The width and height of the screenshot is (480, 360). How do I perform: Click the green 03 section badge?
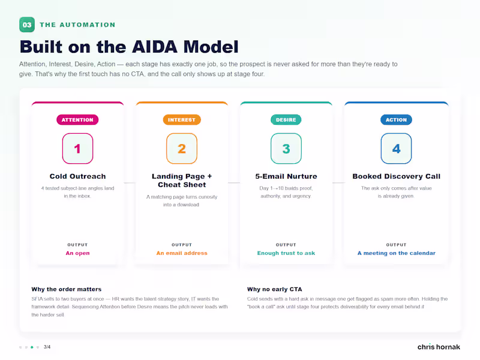[x=27, y=25]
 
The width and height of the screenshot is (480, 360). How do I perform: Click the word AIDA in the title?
[x=155, y=47]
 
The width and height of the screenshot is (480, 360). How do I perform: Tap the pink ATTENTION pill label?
[x=77, y=119]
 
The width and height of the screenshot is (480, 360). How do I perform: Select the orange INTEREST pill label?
[x=182, y=119]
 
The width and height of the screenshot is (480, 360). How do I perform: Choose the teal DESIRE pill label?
[x=286, y=119]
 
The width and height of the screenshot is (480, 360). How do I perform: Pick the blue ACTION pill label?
[x=396, y=119]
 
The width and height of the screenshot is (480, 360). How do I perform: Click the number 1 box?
[x=77, y=148]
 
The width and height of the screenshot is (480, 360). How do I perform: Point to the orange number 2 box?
[x=182, y=148]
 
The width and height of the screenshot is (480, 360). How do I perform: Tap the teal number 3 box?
[x=286, y=148]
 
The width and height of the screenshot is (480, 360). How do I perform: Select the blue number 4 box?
[x=396, y=148]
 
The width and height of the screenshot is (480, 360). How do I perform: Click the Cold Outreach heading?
[x=78, y=176]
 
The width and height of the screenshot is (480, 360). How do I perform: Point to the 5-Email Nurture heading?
[x=286, y=176]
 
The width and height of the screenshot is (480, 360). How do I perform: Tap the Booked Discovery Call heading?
[x=397, y=176]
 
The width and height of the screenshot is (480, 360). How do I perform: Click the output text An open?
[x=78, y=253]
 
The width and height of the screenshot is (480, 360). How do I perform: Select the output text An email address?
[x=182, y=253]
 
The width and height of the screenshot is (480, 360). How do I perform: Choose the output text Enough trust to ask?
[x=286, y=253]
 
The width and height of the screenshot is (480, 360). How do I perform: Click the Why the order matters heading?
[x=67, y=289]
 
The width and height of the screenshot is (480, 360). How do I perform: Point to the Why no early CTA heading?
[x=275, y=289]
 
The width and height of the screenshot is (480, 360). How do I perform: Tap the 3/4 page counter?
[x=47, y=347]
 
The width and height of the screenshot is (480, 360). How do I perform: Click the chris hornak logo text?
[x=439, y=347]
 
